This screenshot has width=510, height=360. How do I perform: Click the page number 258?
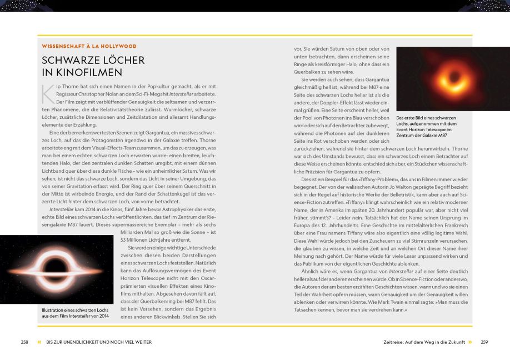point(24,342)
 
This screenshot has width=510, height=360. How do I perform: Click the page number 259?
point(484,342)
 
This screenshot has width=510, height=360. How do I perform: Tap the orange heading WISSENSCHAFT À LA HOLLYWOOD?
point(89,46)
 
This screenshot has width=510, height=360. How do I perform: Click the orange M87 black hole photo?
point(453,79)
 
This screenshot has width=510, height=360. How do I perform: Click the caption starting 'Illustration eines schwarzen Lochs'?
point(75,313)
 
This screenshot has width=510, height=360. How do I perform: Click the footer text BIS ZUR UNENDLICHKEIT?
point(99,342)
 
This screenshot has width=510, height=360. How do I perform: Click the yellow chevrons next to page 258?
point(39,342)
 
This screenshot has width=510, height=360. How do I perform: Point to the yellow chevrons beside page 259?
point(470,342)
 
